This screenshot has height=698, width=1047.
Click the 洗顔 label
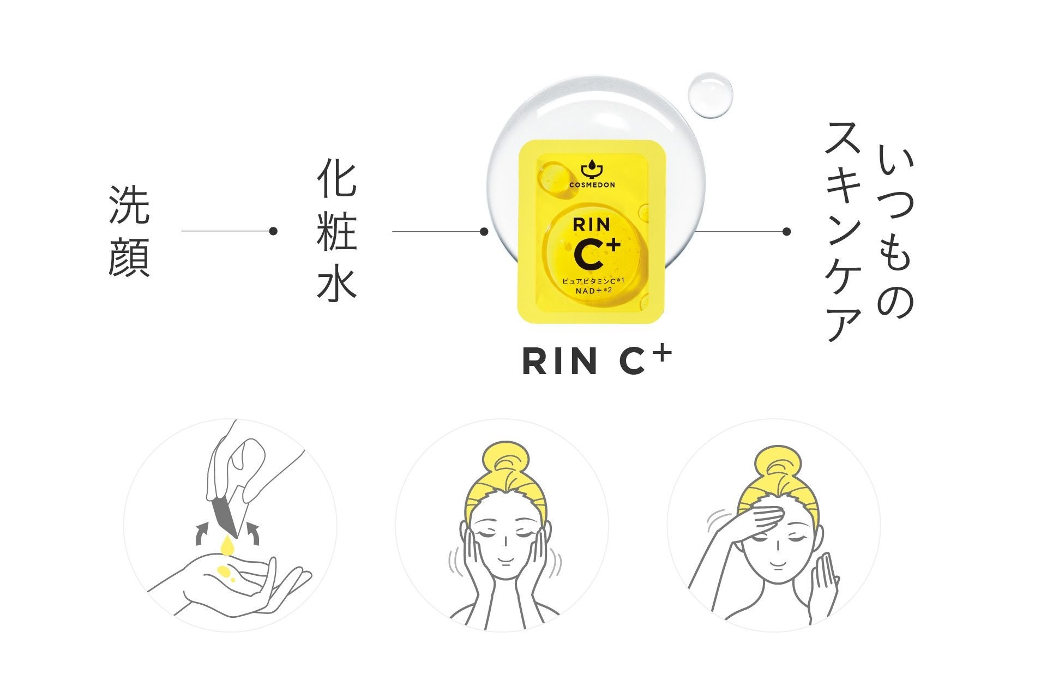coord(129,231)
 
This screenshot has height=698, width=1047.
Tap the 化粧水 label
coord(336,231)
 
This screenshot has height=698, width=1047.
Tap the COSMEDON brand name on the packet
coord(592,185)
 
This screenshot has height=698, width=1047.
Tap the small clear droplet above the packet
coord(709,95)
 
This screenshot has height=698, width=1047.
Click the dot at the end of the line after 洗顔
coord(274,231)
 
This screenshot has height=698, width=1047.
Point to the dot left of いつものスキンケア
coord(786,232)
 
